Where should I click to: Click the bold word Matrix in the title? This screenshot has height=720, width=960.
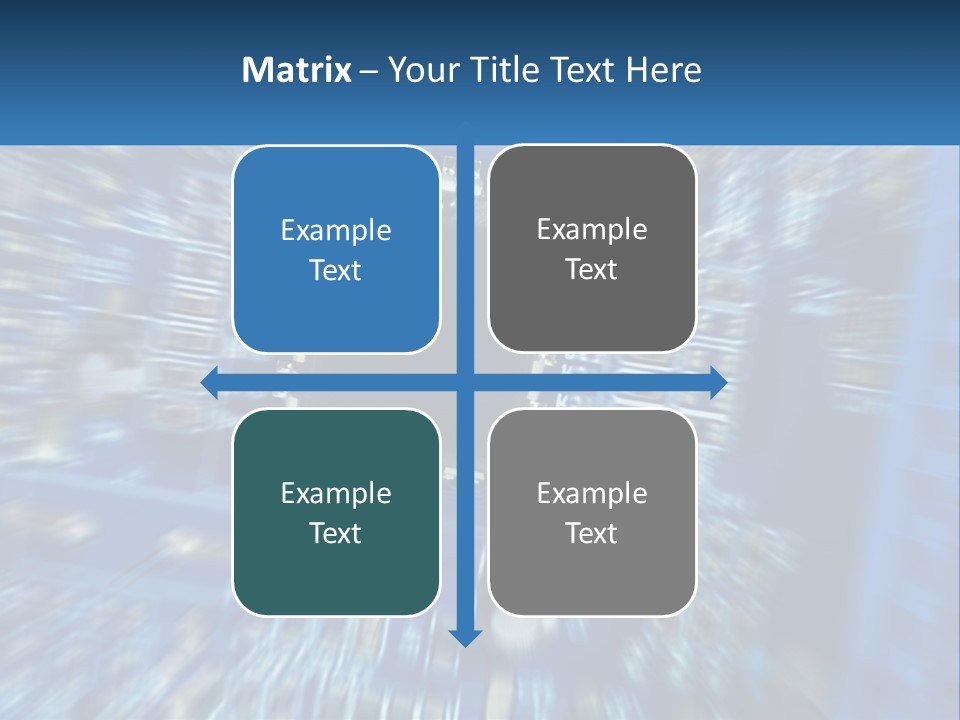(296, 70)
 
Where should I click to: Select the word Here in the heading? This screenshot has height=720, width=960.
(663, 70)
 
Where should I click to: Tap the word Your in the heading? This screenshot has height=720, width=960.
(420, 70)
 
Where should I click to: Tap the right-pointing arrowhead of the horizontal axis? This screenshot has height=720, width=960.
(718, 382)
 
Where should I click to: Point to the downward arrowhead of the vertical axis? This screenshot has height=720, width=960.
(465, 637)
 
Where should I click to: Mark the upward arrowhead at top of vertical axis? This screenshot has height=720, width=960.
(465, 126)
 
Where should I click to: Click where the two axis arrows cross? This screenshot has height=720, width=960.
(465, 382)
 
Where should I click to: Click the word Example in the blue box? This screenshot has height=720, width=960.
(336, 231)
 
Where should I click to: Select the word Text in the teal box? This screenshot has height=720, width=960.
(336, 533)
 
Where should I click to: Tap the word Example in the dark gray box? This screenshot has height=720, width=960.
(592, 230)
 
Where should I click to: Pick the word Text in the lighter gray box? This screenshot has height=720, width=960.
(592, 533)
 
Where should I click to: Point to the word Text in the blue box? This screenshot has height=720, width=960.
(336, 270)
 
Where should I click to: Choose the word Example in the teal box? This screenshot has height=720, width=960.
(336, 493)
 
